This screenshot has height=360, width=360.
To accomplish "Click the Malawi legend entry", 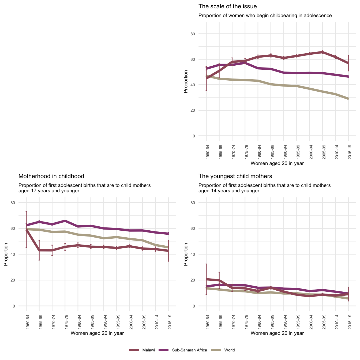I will point(148,350).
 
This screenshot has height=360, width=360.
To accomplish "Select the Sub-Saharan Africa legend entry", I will point(189,350).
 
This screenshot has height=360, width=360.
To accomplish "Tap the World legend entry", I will point(229,350).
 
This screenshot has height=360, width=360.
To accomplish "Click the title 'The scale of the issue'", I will point(227,6).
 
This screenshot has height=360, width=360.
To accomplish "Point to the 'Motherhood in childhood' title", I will point(51,176).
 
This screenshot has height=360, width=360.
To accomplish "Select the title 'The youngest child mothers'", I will point(235,176).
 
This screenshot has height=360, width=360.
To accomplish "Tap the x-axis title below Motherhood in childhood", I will point(97,333).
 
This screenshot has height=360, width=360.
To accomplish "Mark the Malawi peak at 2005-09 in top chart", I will point(322,52).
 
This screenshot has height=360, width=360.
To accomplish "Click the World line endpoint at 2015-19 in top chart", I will point(348,99).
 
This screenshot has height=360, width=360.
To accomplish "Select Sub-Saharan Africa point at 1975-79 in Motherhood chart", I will point(65,221).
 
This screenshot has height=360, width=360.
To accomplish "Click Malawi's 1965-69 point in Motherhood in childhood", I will point(39,250).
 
